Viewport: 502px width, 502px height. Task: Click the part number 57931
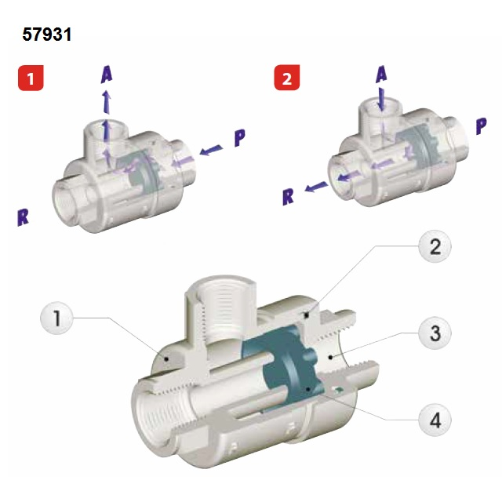[49, 35]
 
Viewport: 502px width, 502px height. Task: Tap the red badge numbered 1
[31, 78]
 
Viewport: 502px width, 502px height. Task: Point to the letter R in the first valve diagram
[23, 216]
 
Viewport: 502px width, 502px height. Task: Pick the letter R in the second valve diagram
[289, 195]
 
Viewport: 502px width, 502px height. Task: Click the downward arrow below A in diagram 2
[380, 100]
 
